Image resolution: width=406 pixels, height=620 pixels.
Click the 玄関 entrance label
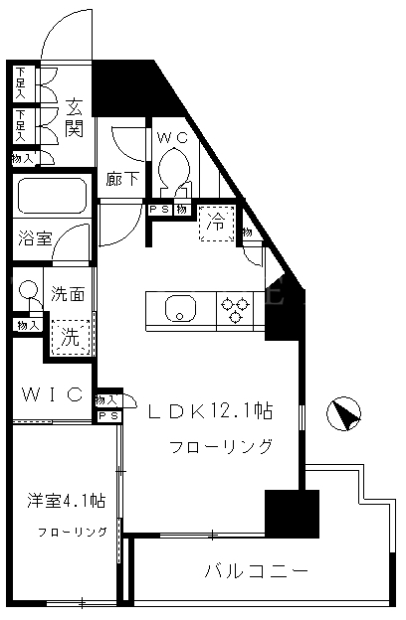(75, 117)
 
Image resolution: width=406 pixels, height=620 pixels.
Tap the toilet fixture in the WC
(173, 171)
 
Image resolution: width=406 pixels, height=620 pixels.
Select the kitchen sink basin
(181, 309)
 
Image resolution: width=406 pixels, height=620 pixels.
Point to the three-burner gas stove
(235, 309)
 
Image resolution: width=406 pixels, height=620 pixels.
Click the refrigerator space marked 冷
(216, 224)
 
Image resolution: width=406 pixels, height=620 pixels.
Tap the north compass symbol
(343, 413)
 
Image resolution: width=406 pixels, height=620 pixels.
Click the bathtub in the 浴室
(52, 196)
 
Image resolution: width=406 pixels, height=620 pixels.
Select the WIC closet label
(53, 394)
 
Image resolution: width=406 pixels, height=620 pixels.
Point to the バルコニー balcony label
(257, 571)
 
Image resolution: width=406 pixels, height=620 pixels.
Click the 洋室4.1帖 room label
(66, 501)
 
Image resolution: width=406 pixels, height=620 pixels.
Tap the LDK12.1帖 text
(211, 411)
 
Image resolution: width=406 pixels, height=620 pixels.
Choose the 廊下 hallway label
(122, 179)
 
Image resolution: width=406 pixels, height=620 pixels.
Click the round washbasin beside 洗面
(28, 289)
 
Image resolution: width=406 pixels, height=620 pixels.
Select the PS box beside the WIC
(108, 416)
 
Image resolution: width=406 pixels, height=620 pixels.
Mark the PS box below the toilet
(161, 210)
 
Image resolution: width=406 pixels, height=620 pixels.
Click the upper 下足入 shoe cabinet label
(20, 83)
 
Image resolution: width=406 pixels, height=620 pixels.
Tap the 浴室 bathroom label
(35, 238)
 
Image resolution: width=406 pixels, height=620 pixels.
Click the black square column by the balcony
(292, 514)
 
